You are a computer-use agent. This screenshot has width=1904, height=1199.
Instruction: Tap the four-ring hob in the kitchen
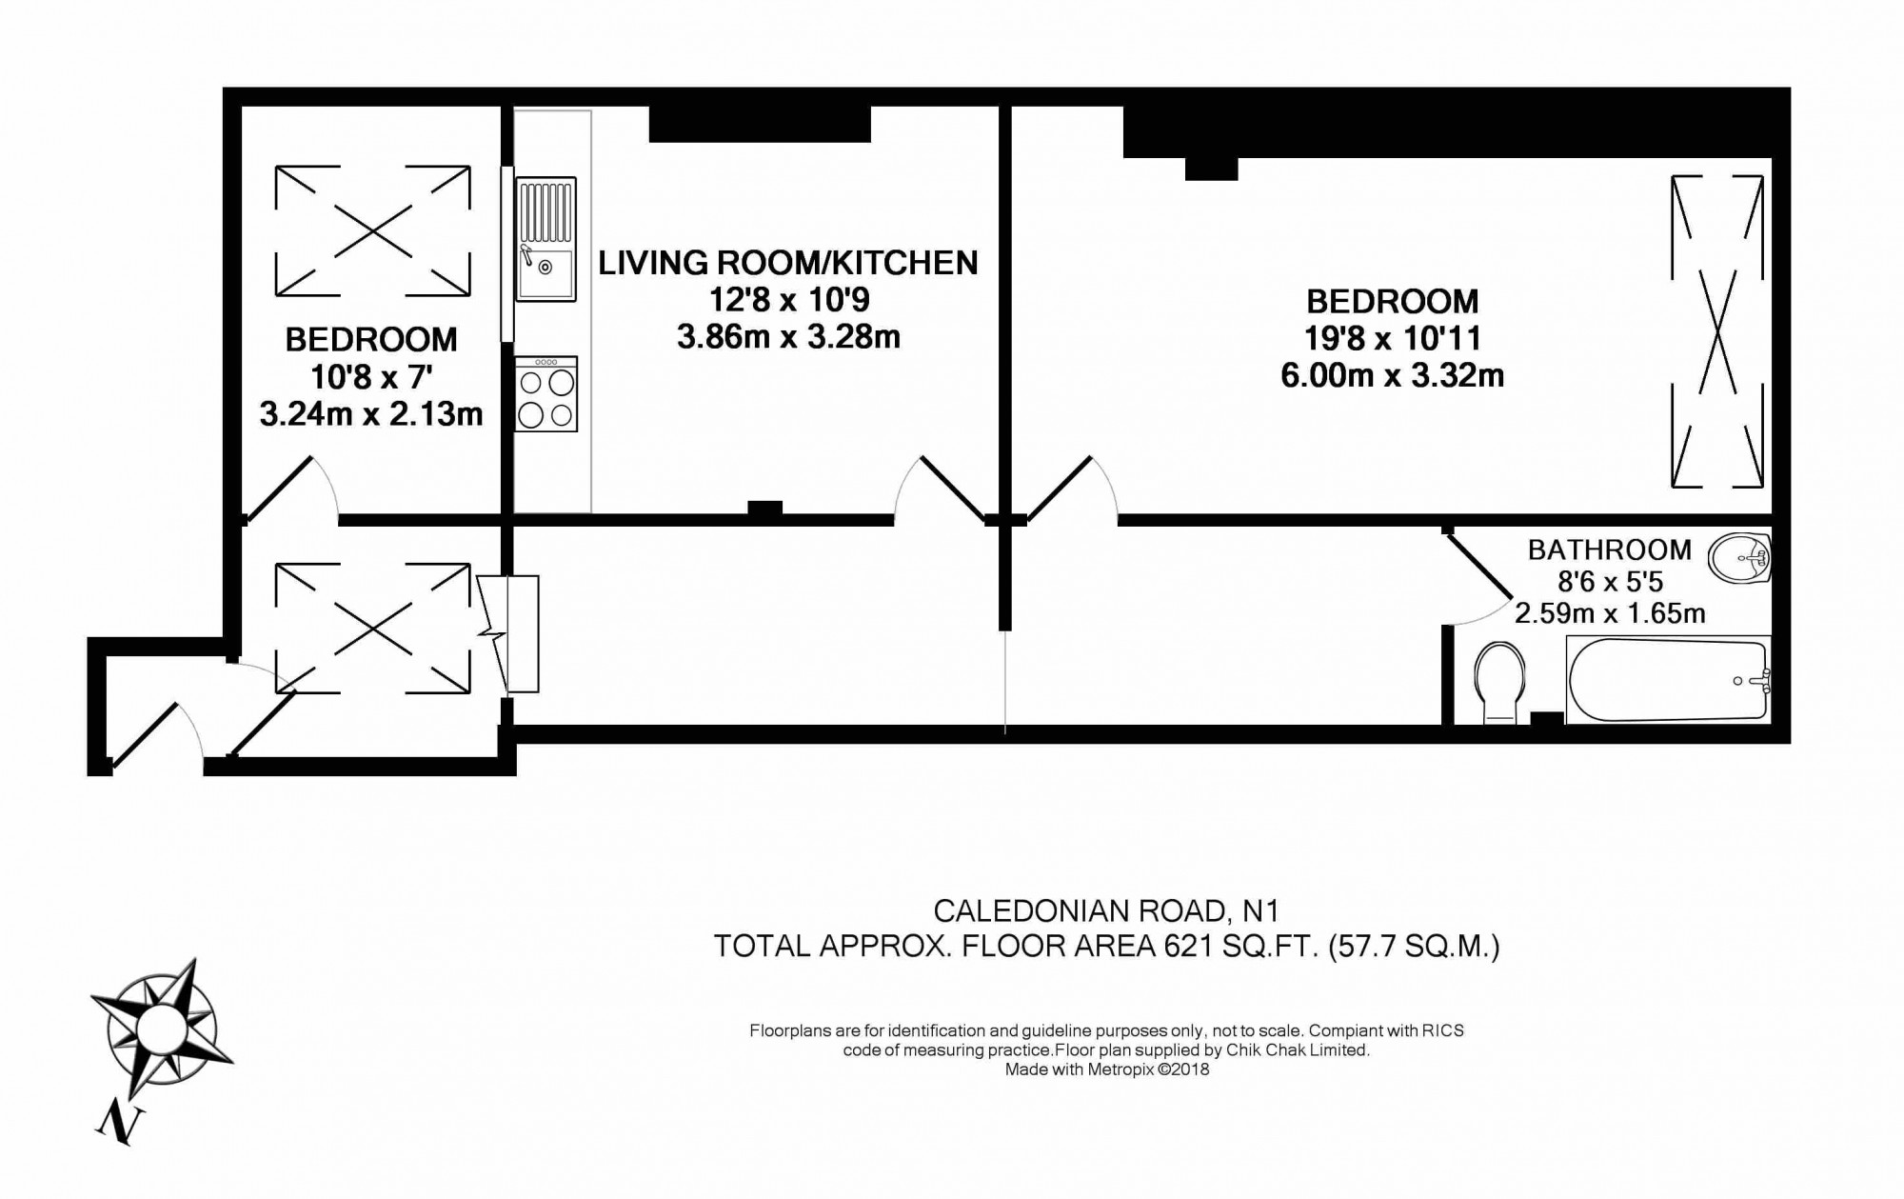546,394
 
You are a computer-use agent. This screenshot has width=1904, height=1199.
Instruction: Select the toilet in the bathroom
1499,681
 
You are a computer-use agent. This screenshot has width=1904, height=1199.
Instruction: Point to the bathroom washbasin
1739,557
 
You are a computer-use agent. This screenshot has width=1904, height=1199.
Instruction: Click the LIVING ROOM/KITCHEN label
788,263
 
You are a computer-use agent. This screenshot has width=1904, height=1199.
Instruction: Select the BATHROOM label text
1610,550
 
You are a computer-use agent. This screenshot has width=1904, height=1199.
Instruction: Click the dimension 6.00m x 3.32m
1392,375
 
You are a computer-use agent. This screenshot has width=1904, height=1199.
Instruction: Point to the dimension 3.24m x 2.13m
371,413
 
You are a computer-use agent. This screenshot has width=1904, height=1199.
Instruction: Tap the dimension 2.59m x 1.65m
1610,613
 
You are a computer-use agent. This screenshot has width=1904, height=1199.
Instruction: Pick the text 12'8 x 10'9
788,300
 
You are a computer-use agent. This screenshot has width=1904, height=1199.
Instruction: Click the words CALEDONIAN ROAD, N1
1106,911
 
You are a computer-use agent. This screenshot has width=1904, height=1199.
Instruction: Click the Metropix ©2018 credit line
1107,1069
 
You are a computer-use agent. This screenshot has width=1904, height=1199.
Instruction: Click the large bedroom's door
1064,489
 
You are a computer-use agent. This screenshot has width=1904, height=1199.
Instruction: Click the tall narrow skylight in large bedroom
1717,331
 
